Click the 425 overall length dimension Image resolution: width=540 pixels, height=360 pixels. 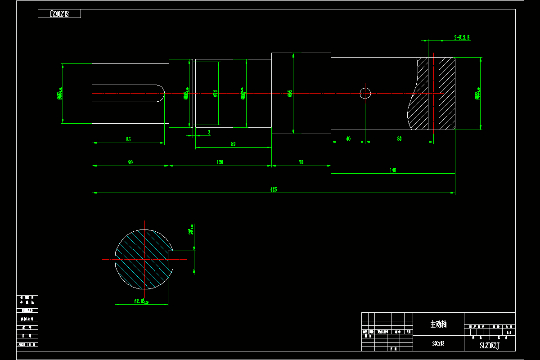[273, 189]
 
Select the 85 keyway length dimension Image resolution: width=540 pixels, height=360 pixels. [128, 139]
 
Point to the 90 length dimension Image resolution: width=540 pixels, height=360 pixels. [130, 162]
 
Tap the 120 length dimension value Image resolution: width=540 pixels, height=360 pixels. [220, 162]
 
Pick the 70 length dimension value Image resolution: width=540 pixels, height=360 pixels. [301, 162]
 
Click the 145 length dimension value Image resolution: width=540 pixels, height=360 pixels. [393, 170]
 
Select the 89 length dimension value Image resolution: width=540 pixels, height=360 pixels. [233, 144]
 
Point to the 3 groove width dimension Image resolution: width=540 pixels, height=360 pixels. [209, 132]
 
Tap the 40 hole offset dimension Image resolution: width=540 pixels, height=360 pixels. [348, 139]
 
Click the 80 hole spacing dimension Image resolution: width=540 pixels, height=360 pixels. [399, 139]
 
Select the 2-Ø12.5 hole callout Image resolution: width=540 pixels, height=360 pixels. [462, 37]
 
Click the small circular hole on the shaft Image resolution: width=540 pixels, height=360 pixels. [365, 93]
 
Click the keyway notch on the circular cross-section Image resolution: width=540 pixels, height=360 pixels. [171, 260]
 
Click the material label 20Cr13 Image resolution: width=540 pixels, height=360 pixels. [438, 343]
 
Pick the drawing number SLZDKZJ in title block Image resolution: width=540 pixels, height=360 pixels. [490, 346]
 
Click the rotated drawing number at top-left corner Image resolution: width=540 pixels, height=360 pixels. [59, 13]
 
